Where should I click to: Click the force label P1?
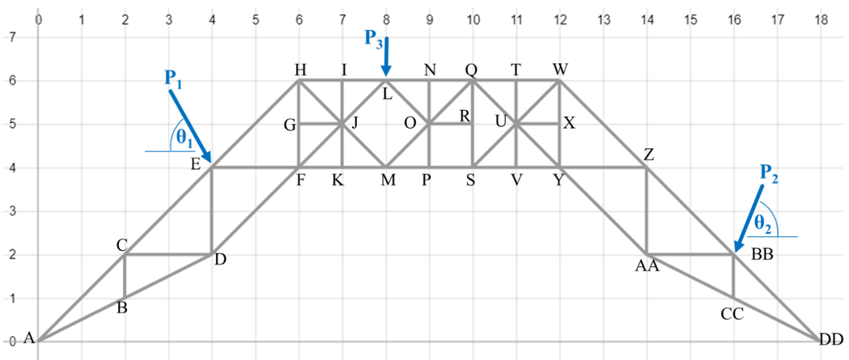click(x=173, y=78)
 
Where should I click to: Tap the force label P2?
click(x=769, y=173)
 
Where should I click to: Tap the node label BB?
click(x=762, y=254)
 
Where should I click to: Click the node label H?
click(x=299, y=70)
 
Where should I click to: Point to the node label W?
click(x=559, y=70)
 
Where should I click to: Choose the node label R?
click(x=464, y=116)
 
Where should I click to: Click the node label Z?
click(x=649, y=155)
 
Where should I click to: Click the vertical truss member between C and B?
click(x=125, y=276)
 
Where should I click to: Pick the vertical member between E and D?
click(x=212, y=210)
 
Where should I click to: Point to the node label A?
click(x=28, y=338)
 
